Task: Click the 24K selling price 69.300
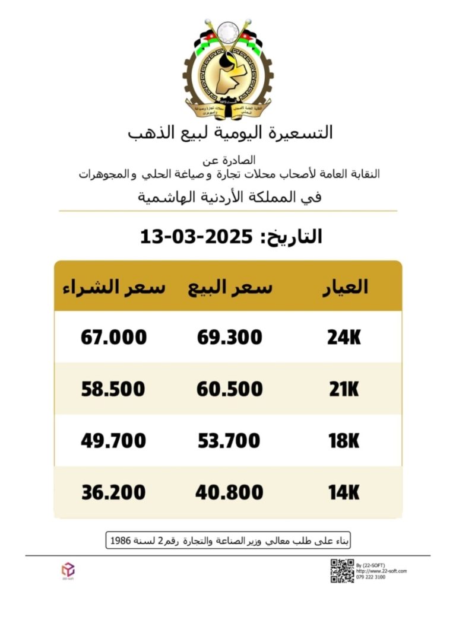(x=229, y=338)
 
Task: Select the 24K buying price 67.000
(x=113, y=338)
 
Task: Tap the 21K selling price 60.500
(x=229, y=389)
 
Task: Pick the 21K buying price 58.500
(x=113, y=389)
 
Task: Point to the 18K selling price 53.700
(x=229, y=441)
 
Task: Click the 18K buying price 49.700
(x=113, y=441)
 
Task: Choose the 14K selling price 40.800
(x=229, y=492)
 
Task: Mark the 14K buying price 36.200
(x=113, y=492)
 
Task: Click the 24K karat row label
(x=344, y=338)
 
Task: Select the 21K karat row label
(x=344, y=389)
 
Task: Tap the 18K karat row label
(x=344, y=441)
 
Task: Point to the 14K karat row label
(x=344, y=492)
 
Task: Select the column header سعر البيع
(x=230, y=287)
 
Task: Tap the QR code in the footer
(x=342, y=570)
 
